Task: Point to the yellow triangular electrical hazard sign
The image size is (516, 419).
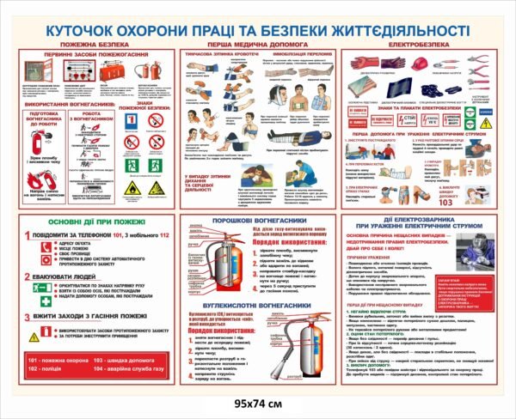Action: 486,124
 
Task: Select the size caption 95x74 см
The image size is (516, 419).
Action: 256,404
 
